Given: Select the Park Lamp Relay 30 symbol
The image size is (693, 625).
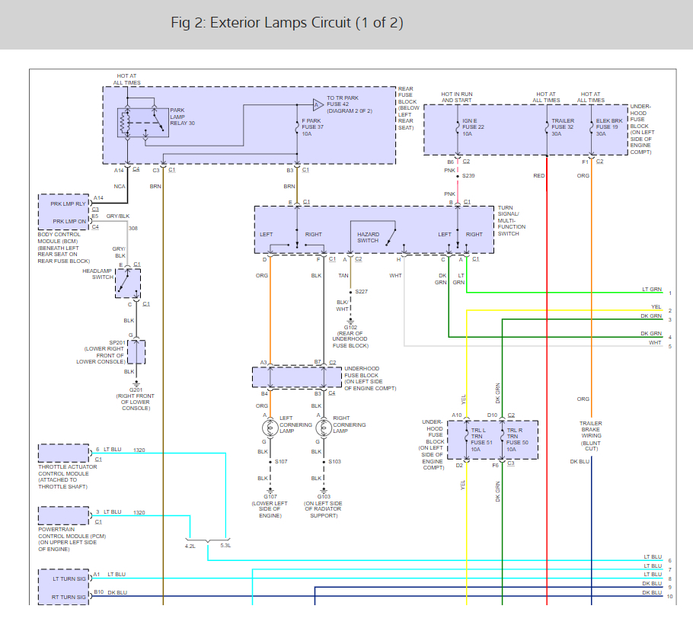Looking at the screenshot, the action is pos(142,123).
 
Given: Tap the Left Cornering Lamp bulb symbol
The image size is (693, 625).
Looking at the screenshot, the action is pos(270,428).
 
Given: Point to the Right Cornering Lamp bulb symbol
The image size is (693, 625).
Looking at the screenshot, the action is pos(324,428).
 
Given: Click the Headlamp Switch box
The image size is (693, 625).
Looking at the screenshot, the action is pos(128,284).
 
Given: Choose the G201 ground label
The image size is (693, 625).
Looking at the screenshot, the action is pos(136,389).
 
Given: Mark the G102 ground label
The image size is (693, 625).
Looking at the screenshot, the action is pos(350,327).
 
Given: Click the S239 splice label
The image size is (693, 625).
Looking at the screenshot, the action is pos(468,175).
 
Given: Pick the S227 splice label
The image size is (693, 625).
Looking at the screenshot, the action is pos(362,291).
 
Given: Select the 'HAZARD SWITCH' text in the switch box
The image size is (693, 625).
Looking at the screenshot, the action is pos(368,238).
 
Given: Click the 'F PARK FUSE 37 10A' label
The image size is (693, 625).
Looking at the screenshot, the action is pos(313,127).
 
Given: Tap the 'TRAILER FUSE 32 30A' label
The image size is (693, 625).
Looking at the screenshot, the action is pos(563,127).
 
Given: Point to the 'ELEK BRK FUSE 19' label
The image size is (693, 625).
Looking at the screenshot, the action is pos(609,123).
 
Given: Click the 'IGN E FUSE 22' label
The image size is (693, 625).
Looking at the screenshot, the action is pos(474,123).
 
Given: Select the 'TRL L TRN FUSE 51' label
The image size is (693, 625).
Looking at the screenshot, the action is pos(482,436).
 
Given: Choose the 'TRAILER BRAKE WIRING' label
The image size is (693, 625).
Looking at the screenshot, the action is pos(591,429).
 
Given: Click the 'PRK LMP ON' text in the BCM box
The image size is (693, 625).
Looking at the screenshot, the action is pos(69,221).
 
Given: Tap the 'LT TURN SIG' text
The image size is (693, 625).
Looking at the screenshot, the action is pos(69,579).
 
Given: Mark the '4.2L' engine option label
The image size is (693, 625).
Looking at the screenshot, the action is pos(190,546).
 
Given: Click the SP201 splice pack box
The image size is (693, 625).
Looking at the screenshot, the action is pos(136,352).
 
